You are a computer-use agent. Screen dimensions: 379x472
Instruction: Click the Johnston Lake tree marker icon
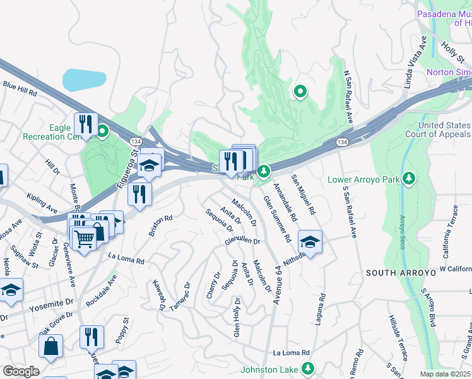[x=307, y=368]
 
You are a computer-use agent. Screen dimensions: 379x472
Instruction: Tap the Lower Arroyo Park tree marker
[x=409, y=179]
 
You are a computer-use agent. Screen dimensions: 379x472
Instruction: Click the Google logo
[x=20, y=371]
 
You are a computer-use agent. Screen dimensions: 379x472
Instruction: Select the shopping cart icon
[x=83, y=239]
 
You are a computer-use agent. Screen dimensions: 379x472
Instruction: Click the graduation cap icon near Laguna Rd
[x=310, y=243]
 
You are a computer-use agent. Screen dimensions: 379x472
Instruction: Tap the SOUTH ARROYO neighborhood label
[x=401, y=273]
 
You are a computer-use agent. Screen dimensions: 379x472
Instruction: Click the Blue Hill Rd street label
[x=20, y=88]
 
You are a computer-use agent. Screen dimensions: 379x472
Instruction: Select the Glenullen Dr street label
[x=242, y=241]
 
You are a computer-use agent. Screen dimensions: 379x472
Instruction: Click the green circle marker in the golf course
[x=300, y=92]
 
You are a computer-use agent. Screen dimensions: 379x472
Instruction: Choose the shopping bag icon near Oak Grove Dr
[x=51, y=346]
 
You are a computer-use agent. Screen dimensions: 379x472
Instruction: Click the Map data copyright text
[x=445, y=374]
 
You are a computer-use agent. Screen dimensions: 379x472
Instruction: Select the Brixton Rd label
[x=160, y=225]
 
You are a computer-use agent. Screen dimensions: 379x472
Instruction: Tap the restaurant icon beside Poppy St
[x=92, y=337]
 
